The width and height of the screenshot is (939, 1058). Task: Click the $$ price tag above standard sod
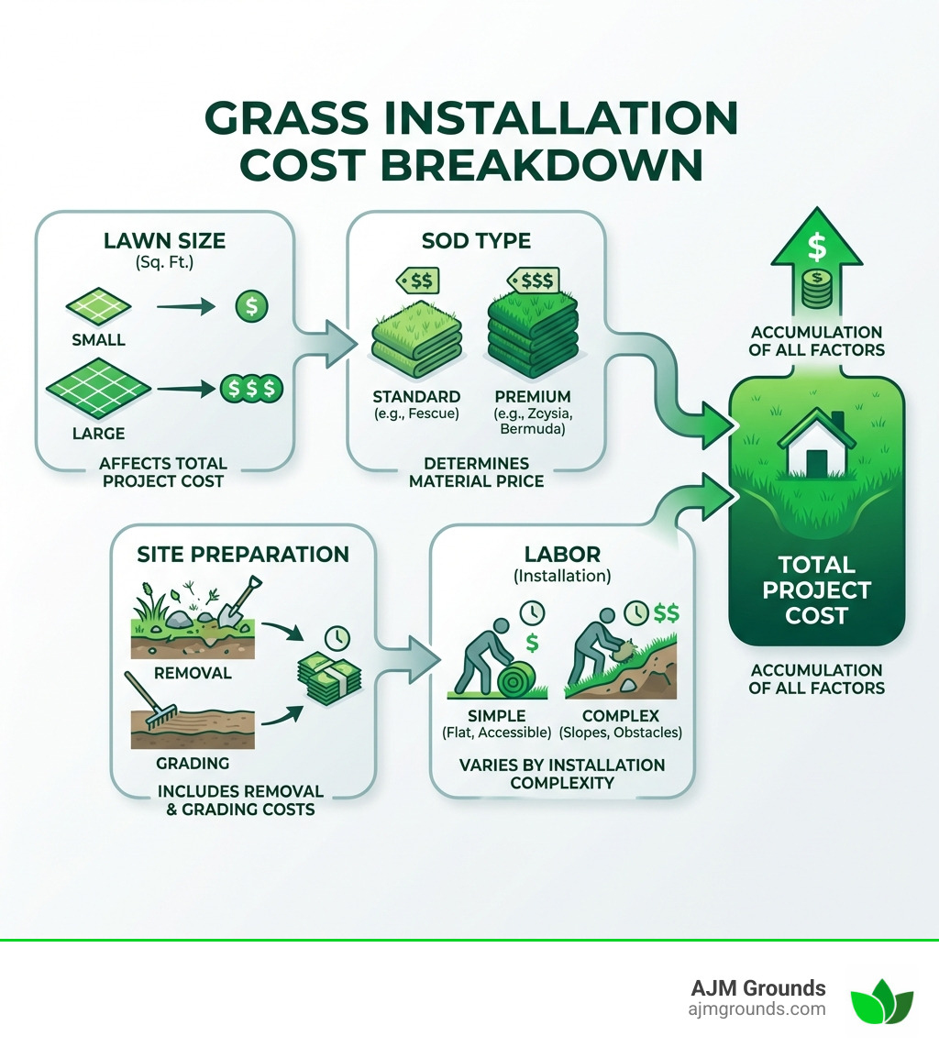[x=418, y=279]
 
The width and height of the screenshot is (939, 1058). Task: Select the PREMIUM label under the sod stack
[x=532, y=397]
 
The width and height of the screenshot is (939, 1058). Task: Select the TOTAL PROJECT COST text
[x=816, y=590]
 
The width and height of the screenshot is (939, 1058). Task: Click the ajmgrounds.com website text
[x=757, y=1008]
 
